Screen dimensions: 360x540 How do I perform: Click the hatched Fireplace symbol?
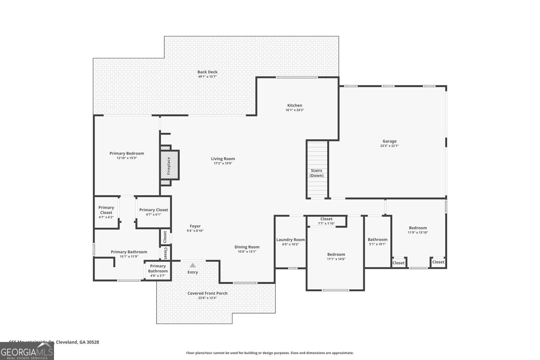point(169,165)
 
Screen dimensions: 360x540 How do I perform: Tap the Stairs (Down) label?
point(316,173)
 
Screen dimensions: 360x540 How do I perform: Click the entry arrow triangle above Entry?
point(193,265)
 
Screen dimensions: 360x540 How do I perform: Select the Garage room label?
point(389,141)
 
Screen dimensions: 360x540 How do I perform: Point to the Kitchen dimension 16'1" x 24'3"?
point(294,110)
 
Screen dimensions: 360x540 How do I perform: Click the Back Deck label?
point(207,72)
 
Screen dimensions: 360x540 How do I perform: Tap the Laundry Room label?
point(290,240)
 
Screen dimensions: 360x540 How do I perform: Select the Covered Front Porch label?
point(207,293)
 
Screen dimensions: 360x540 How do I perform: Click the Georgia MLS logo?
point(27,351)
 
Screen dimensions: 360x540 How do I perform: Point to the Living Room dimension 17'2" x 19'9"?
point(223,163)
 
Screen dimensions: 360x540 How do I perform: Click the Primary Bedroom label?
point(127,153)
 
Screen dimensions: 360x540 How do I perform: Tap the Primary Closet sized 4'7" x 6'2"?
point(106,212)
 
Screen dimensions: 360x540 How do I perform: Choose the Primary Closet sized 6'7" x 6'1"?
point(153,212)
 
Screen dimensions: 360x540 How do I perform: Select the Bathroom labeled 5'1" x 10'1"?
point(377,241)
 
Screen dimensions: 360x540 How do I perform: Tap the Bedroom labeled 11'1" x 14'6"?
point(336,256)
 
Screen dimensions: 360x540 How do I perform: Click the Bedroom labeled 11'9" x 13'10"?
point(418,230)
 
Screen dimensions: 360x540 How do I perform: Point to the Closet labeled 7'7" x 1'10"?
point(326,221)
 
